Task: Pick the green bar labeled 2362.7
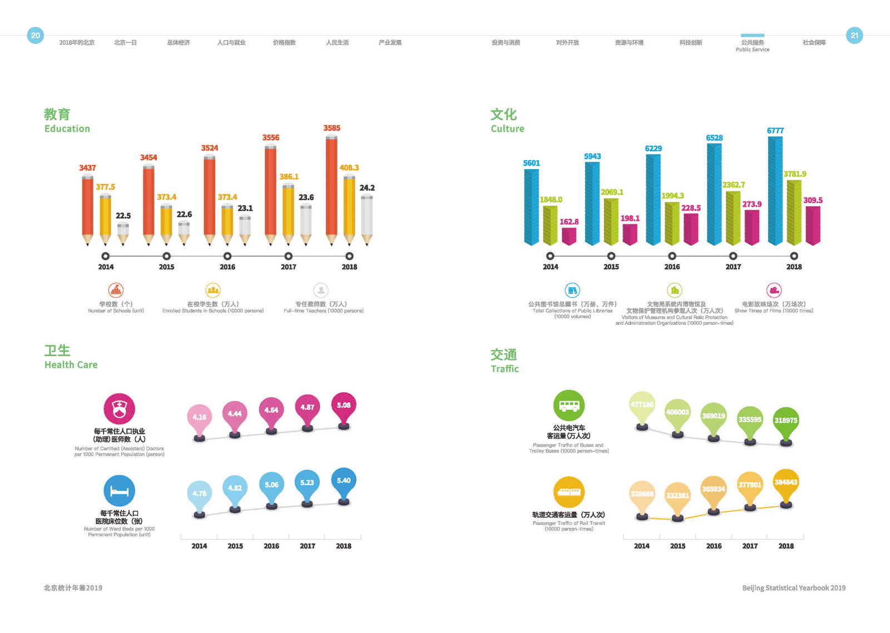(x=733, y=217)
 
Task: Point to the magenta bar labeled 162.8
(x=569, y=236)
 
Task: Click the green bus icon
(x=568, y=405)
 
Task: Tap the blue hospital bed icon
(x=119, y=491)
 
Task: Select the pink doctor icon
(x=119, y=409)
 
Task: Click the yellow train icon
(x=568, y=492)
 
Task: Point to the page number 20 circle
(x=36, y=36)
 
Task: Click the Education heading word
(x=67, y=128)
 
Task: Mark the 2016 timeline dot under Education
(x=228, y=256)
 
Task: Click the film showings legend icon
(x=774, y=290)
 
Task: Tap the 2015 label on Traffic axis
(x=678, y=546)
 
